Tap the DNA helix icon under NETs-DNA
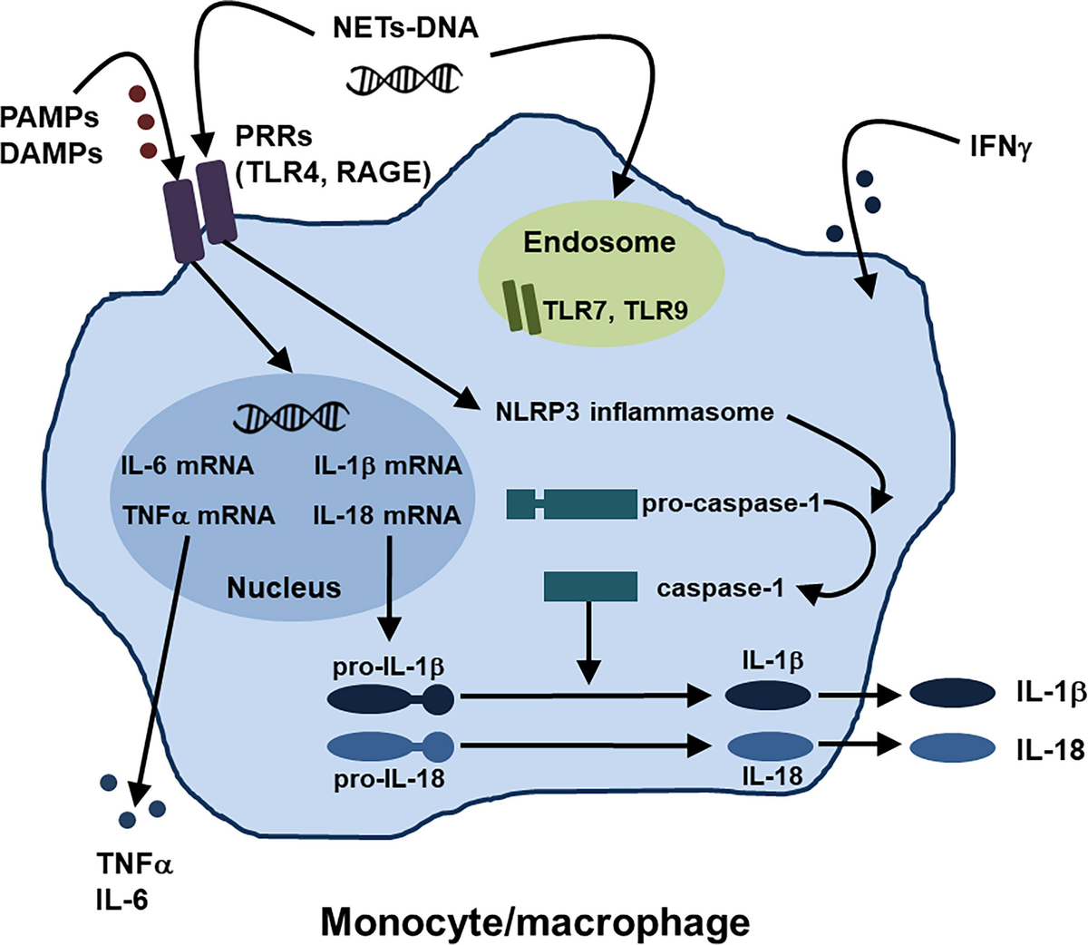click(x=404, y=79)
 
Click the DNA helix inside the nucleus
click(x=291, y=416)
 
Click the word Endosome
click(x=599, y=242)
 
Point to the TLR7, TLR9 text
click(x=616, y=310)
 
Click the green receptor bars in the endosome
click(x=521, y=307)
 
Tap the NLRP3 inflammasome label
click(x=635, y=413)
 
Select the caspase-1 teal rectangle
click(x=589, y=587)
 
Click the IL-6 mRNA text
click(x=188, y=466)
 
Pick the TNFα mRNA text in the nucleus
click(x=199, y=515)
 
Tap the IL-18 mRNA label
click(x=387, y=515)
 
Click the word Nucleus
click(x=284, y=588)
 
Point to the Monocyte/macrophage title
click(x=536, y=922)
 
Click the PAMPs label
click(x=50, y=118)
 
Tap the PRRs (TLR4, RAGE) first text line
click(x=274, y=136)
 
